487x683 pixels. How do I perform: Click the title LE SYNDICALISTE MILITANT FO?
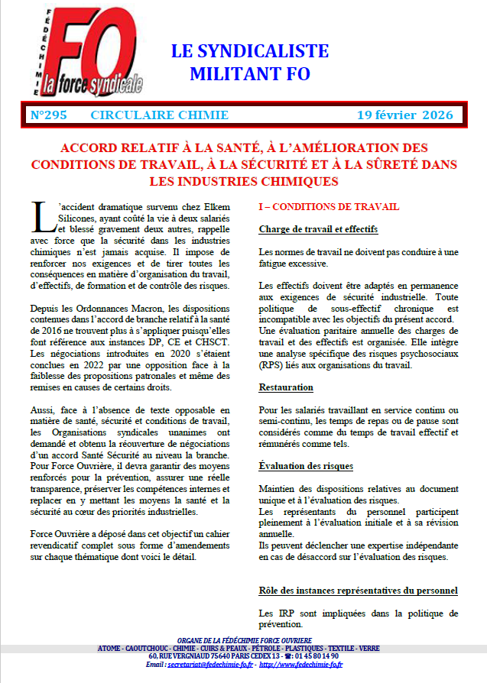(x=249, y=63)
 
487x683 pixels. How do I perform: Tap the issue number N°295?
(x=49, y=115)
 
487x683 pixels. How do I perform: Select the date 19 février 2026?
(x=405, y=115)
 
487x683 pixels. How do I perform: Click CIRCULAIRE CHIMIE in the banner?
(x=159, y=115)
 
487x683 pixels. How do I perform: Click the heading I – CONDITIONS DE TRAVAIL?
(x=328, y=207)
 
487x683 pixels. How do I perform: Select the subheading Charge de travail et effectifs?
(x=318, y=229)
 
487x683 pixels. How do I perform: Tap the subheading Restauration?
(x=286, y=388)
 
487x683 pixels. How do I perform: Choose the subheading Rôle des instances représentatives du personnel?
(x=358, y=591)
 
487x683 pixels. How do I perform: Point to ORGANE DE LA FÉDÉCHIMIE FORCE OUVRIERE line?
(x=244, y=639)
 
